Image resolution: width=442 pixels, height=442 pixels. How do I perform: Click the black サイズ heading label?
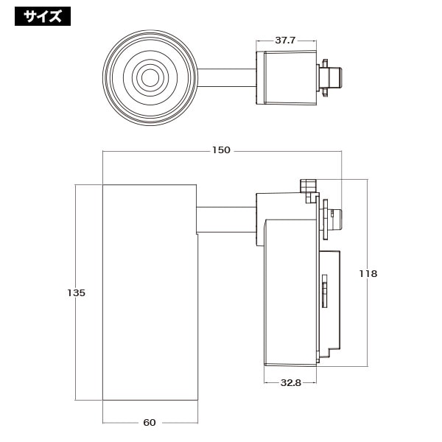(x=43, y=16)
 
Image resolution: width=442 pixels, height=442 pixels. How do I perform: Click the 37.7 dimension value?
(x=284, y=41)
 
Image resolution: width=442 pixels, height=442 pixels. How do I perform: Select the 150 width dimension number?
(x=221, y=150)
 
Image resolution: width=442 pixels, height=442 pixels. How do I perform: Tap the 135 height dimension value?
(x=76, y=292)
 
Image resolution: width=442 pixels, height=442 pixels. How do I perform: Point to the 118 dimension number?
(x=368, y=273)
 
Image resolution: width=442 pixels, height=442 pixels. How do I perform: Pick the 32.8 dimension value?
(x=291, y=382)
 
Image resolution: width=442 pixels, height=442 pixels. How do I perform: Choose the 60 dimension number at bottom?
(x=150, y=422)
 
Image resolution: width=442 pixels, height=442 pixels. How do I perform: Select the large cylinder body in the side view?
(x=150, y=292)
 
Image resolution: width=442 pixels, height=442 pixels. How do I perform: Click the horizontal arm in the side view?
(x=226, y=220)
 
